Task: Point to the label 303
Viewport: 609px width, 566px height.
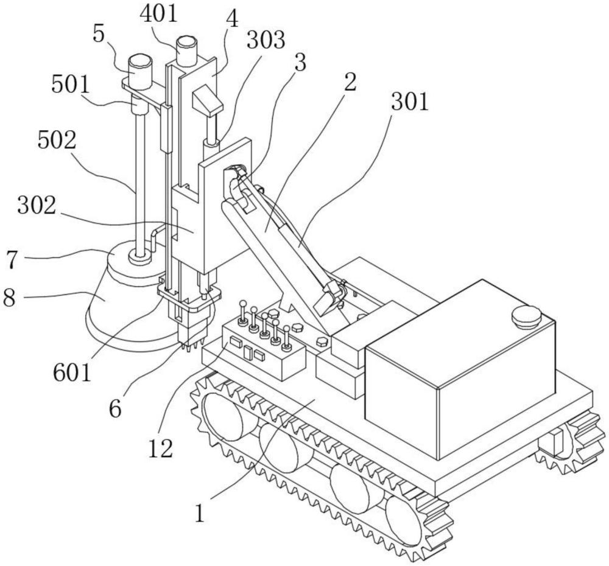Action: coord(266,41)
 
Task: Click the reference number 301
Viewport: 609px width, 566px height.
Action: coord(409,103)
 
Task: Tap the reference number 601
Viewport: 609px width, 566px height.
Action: coord(72,370)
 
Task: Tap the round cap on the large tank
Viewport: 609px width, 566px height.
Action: coord(527,315)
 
